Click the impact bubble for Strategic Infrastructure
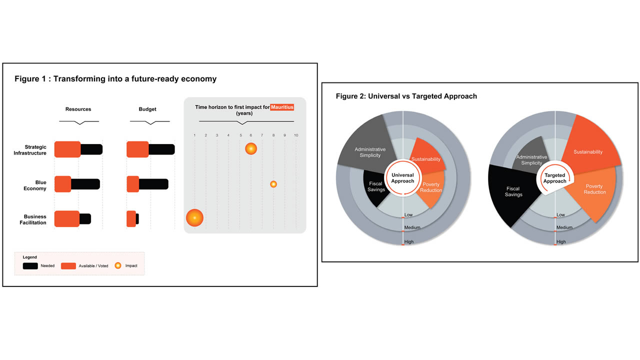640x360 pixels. (251, 149)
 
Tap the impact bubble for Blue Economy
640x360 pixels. (273, 184)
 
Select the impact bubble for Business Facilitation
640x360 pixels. (194, 217)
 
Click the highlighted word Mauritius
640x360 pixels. (282, 107)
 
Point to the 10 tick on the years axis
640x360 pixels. (296, 135)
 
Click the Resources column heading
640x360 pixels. (78, 109)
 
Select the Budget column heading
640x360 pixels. (147, 109)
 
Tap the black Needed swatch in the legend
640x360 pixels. (30, 266)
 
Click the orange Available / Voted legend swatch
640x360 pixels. (68, 266)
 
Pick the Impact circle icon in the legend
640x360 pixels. (118, 265)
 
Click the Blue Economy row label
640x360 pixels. (35, 185)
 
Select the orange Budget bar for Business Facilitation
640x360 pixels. (131, 219)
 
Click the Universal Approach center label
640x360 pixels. (402, 178)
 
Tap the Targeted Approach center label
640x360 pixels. (555, 178)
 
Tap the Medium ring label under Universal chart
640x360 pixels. (412, 227)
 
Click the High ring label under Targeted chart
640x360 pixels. (561, 241)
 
